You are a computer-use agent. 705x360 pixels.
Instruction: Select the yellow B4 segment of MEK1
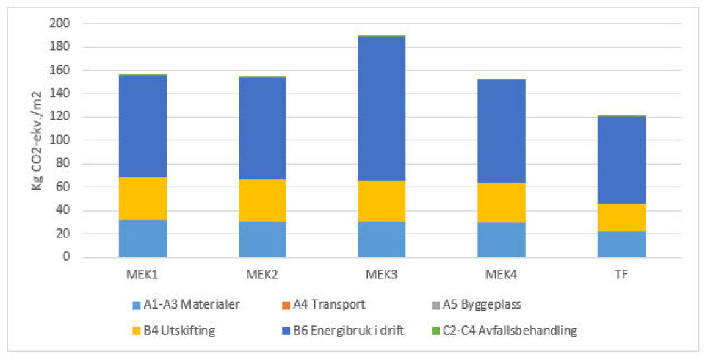pos(142,198)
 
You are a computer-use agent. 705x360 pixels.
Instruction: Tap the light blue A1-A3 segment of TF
pos(621,244)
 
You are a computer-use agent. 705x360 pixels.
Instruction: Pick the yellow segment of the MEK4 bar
pos(501,202)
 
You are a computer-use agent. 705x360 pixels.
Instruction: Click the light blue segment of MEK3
pos(381,239)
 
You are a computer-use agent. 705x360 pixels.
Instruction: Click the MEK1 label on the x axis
pos(142,275)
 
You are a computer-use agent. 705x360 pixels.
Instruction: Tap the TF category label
pos(621,275)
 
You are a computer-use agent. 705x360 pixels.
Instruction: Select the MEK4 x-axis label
pos(501,275)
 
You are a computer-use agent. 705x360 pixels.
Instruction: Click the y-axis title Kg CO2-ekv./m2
pos(37,140)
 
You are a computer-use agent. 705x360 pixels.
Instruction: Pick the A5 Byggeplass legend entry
pos(478,304)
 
